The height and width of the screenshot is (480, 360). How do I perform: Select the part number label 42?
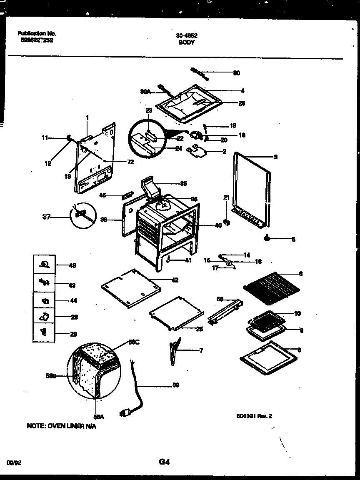point(175,280)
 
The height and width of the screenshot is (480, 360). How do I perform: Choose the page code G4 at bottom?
point(164,462)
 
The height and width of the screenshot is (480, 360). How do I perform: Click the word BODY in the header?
point(186,42)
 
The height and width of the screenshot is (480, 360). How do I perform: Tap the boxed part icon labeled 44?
point(44,301)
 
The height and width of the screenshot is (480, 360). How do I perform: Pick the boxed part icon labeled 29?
point(44,332)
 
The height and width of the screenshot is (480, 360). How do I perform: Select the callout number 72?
point(130,162)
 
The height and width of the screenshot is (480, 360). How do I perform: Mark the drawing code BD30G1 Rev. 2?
point(254,415)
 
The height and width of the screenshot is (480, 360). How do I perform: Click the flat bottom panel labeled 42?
point(130,287)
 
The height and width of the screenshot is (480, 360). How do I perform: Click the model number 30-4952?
point(186,36)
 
